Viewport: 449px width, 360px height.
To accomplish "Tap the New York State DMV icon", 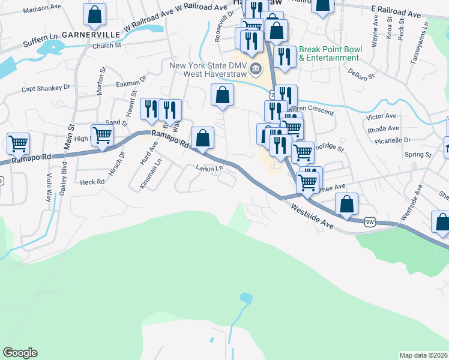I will coord(256,69).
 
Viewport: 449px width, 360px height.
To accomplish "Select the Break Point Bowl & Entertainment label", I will coord(329,54).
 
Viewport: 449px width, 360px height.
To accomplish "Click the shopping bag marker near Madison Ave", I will coord(94,14).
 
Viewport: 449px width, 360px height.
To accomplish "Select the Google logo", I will coord(20,353).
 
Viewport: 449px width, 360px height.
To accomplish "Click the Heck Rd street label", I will coord(92,181).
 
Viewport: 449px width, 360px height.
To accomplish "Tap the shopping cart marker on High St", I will coord(102,135).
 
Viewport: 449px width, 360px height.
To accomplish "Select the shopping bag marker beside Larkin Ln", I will coord(203,137).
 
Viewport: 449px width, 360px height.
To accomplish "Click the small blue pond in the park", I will coord(246,298).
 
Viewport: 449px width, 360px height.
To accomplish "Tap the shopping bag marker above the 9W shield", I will coord(346,203).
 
